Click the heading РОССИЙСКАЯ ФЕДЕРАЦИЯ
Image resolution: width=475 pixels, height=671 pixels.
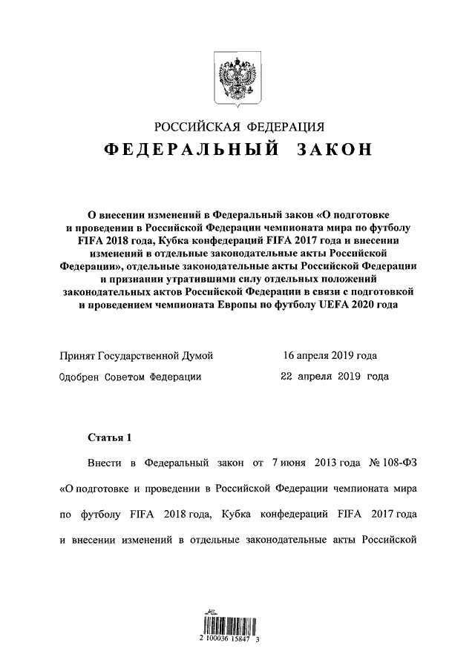[x=237, y=125]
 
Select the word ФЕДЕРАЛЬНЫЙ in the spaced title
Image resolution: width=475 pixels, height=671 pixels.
[x=189, y=151]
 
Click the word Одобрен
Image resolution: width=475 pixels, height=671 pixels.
[x=79, y=377]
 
